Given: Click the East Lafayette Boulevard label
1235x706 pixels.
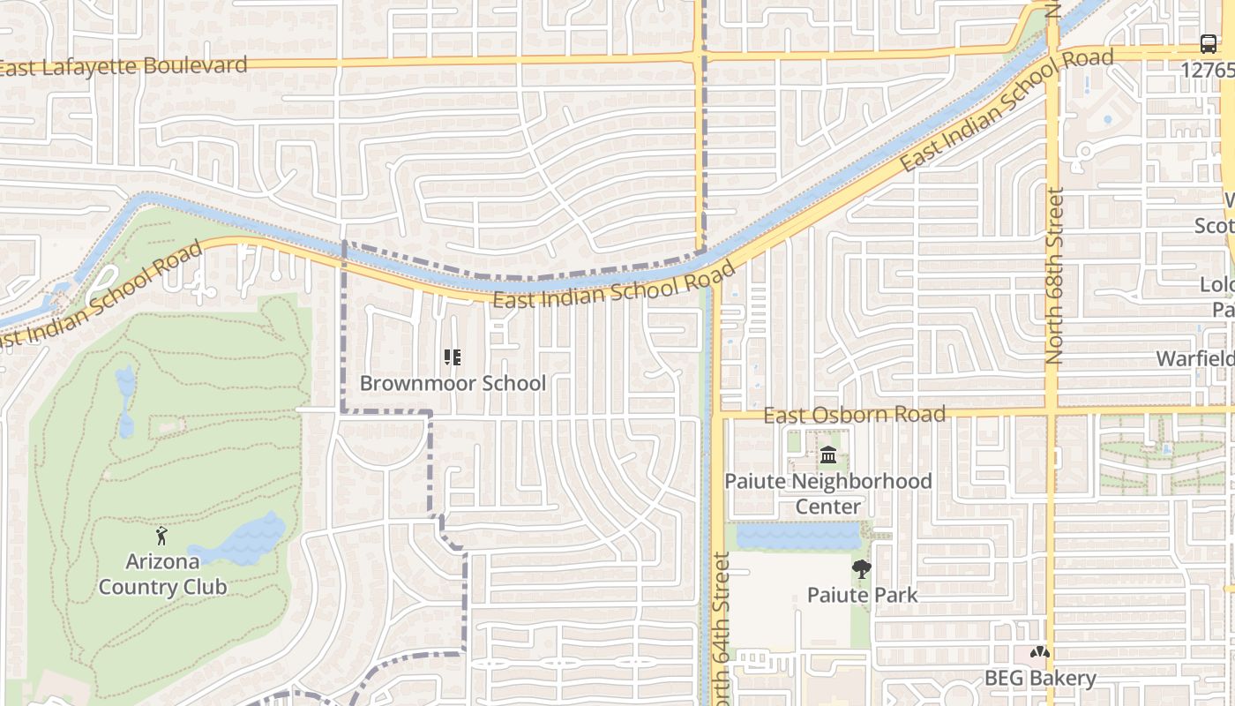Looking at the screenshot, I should (x=123, y=66).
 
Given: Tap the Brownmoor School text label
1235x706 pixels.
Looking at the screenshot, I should (x=453, y=384).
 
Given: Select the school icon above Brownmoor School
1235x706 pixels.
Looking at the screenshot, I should (x=453, y=357).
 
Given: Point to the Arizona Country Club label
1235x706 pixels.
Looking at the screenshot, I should (x=163, y=574).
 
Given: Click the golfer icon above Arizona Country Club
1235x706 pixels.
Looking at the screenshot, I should (x=161, y=535).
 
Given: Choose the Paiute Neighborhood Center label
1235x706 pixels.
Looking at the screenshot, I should (x=827, y=493).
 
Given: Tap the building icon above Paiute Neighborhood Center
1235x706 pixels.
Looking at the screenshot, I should (x=828, y=455).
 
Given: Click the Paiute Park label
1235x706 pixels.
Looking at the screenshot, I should (x=862, y=595).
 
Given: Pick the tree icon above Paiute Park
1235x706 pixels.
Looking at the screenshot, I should (x=861, y=569).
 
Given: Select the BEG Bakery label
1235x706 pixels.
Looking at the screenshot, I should (x=1040, y=679).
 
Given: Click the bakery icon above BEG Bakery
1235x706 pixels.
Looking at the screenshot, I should (x=1040, y=653).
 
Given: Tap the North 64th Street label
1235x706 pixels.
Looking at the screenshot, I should (x=721, y=627).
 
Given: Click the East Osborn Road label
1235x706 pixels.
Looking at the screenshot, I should (x=854, y=415).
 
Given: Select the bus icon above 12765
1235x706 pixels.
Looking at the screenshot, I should (x=1208, y=44).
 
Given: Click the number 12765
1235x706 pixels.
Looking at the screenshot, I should (x=1209, y=69).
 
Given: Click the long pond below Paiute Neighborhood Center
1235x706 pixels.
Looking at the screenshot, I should (x=798, y=537).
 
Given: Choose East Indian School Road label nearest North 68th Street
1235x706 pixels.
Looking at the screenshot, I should (x=1006, y=110).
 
